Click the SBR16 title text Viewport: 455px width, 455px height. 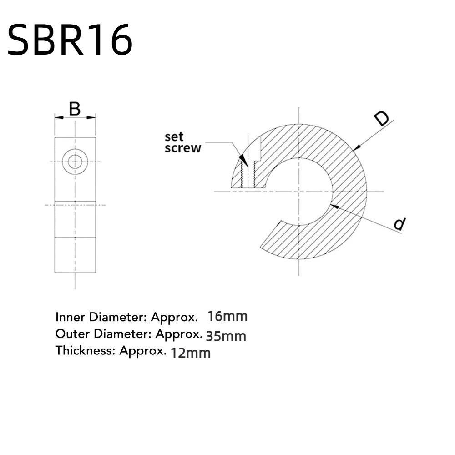tap(70, 40)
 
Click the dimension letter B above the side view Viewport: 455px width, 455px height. tap(75, 109)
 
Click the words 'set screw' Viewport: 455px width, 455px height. tap(182, 142)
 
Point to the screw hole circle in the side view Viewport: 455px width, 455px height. tap(75, 162)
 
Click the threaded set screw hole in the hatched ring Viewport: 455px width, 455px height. tap(248, 175)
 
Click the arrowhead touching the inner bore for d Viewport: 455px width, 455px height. tap(334, 206)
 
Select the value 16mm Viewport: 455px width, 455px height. tap(227, 316)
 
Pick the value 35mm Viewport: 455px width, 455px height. tap(226, 336)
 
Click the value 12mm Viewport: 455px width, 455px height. tap(190, 353)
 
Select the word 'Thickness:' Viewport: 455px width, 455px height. tap(85, 351)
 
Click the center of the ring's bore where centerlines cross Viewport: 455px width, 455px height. tap(299, 192)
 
